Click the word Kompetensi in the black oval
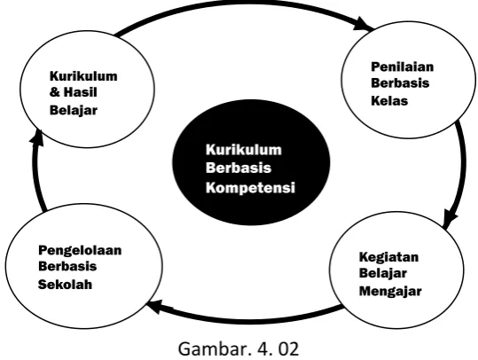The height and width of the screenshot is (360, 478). click(x=250, y=187)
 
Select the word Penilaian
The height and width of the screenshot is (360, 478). click(x=402, y=67)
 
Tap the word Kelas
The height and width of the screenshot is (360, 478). click(x=389, y=101)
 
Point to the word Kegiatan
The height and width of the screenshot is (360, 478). click(x=388, y=257)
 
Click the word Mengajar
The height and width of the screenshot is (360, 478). click(x=390, y=291)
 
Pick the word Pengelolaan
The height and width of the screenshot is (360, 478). click(x=80, y=251)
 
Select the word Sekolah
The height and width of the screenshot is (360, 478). click(x=65, y=285)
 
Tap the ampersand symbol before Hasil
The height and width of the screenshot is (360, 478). click(x=55, y=92)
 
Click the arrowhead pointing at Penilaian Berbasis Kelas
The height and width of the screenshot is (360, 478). click(x=363, y=24)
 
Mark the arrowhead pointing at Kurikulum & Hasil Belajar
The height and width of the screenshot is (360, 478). click(x=37, y=137)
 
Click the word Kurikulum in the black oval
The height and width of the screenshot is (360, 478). click(x=244, y=150)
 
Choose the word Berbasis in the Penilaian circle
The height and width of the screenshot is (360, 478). click(x=400, y=83)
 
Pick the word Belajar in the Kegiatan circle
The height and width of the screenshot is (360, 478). click(x=382, y=273)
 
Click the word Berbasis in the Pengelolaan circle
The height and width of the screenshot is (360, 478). click(x=67, y=266)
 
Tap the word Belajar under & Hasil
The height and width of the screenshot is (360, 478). click(x=73, y=110)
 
